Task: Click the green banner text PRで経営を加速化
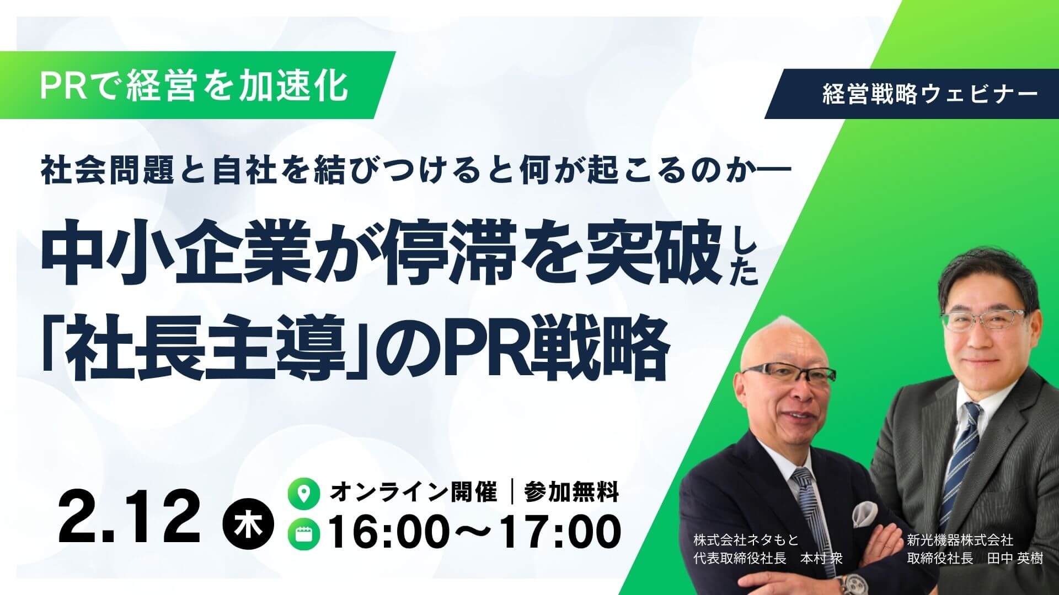(194, 85)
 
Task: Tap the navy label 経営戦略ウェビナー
(929, 95)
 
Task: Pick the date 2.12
(129, 519)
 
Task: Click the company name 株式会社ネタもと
(746, 540)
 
